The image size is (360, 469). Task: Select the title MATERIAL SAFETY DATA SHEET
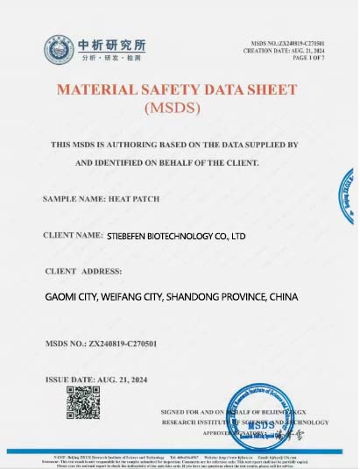click(x=177, y=91)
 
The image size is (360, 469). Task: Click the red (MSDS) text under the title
click(x=177, y=109)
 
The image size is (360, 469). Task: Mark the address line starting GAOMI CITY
click(x=172, y=298)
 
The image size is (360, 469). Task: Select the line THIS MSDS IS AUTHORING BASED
click(x=175, y=143)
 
